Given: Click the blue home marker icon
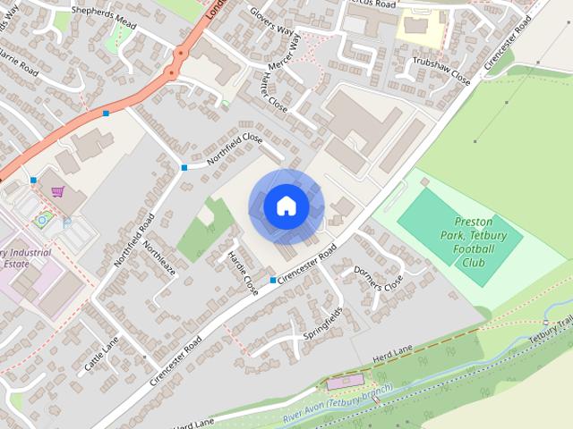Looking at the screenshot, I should point(286,206).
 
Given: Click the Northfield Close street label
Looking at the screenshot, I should point(235,148).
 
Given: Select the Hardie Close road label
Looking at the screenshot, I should point(243,267).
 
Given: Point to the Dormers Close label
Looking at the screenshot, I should point(379,278).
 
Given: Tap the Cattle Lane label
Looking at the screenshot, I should point(100,355).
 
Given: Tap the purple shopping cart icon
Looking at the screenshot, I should point(58,190).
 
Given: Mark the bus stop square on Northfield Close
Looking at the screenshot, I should point(184,167).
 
